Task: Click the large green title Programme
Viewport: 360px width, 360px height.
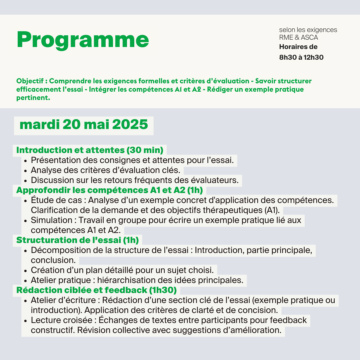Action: pyautogui.click(x=83, y=40)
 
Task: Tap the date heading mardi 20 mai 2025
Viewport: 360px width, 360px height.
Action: pyautogui.click(x=84, y=125)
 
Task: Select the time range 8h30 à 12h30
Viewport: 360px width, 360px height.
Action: pyautogui.click(x=301, y=57)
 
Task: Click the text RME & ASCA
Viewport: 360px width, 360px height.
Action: pyautogui.click(x=299, y=38)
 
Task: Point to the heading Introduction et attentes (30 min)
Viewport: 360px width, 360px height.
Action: pyautogui.click(x=90, y=150)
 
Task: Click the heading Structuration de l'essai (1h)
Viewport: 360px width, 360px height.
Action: pyautogui.click(x=77, y=240)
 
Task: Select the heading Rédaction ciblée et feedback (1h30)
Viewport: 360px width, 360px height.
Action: pyautogui.click(x=96, y=290)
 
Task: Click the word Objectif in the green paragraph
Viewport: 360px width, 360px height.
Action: pyautogui.click(x=30, y=81)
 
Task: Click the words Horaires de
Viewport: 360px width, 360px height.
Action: pyautogui.click(x=298, y=47)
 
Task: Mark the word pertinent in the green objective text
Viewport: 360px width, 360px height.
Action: pyautogui.click(x=32, y=98)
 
